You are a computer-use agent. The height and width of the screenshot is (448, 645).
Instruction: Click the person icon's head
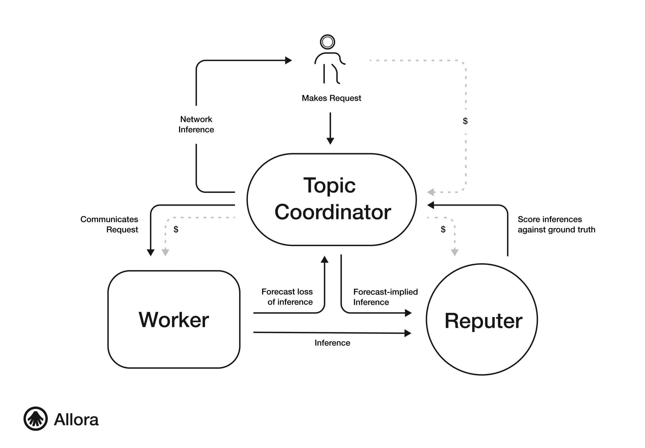pyautogui.click(x=327, y=42)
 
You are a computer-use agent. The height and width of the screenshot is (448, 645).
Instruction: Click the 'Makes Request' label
pyautogui.click(x=331, y=98)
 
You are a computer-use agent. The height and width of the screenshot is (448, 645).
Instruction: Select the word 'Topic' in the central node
pyautogui.click(x=329, y=185)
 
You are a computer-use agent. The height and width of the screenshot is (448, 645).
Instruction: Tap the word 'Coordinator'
pyautogui.click(x=333, y=212)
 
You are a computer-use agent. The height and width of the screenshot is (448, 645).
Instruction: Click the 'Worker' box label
pyautogui.click(x=174, y=320)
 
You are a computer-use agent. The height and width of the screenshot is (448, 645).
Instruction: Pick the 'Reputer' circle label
pyautogui.click(x=483, y=321)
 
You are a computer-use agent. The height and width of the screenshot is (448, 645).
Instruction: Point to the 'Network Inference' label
pyautogui.click(x=196, y=124)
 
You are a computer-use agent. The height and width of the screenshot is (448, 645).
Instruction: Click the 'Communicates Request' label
pyautogui.click(x=109, y=224)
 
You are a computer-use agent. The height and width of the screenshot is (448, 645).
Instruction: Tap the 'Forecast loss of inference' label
pyautogui.click(x=287, y=297)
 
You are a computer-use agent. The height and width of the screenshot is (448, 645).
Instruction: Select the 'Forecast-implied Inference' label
pyautogui.click(x=385, y=297)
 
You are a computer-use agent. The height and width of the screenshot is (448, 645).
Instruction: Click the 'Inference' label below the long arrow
pyautogui.click(x=332, y=343)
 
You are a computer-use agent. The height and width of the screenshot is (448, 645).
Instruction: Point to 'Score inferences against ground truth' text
pyautogui.click(x=556, y=224)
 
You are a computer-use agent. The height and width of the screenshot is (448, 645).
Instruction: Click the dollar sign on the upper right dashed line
pyautogui.click(x=465, y=121)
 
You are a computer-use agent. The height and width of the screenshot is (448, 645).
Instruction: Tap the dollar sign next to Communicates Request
pyautogui.click(x=176, y=229)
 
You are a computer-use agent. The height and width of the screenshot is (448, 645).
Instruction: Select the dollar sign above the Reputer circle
pyautogui.click(x=443, y=229)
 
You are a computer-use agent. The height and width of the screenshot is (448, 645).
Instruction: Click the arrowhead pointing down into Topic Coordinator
pyautogui.click(x=330, y=141)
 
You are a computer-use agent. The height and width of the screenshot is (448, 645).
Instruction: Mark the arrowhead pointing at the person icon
pyautogui.click(x=288, y=60)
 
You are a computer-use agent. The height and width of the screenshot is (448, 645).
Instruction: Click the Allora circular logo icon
pyautogui.click(x=35, y=418)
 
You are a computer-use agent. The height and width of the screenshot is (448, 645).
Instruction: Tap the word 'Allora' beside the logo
pyautogui.click(x=76, y=420)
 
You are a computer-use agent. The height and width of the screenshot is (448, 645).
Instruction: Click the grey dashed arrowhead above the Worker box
pyautogui.click(x=165, y=252)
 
